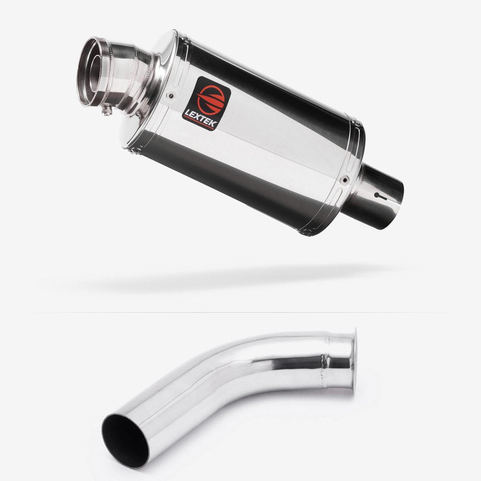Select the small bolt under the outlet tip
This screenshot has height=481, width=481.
coord(109,111)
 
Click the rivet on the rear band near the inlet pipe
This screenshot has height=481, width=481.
coord(344,181)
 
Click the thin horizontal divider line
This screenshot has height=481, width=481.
coord(240,313)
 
